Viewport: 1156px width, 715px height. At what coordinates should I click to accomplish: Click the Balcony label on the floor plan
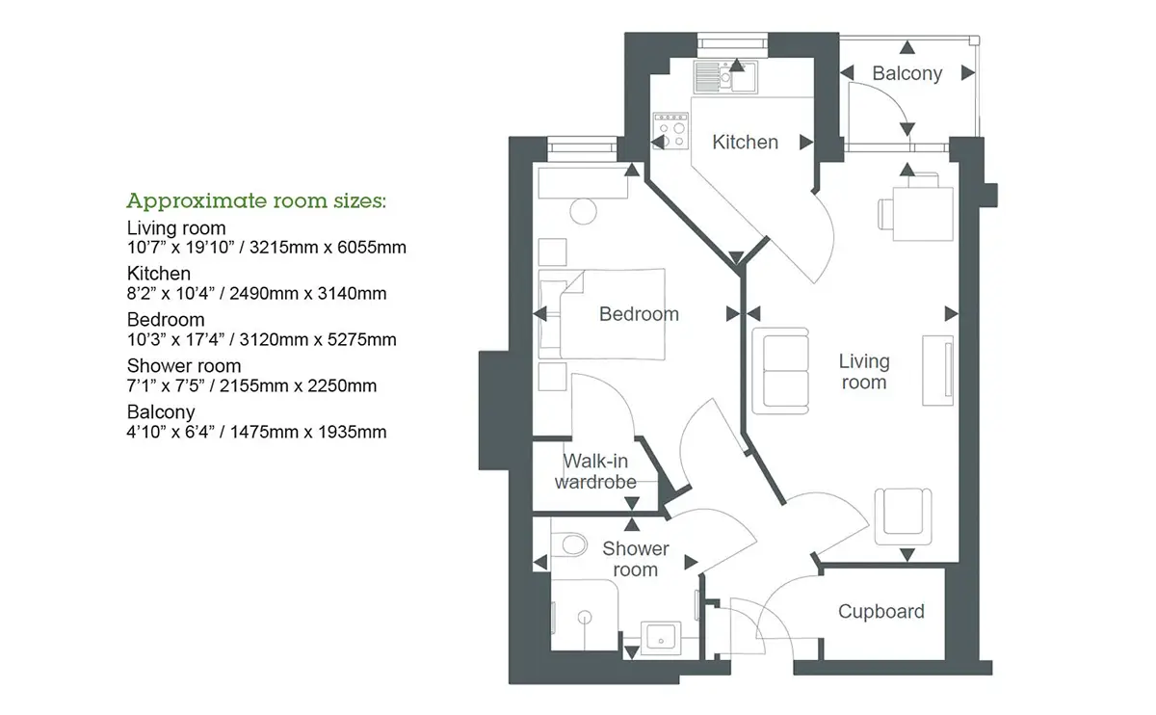click(907, 73)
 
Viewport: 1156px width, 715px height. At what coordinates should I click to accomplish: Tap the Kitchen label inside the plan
click(746, 142)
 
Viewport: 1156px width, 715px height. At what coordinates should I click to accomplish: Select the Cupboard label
click(880, 611)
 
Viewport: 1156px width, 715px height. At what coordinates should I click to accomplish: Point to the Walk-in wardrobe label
click(595, 471)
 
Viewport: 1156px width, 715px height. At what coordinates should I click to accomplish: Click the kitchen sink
click(725, 77)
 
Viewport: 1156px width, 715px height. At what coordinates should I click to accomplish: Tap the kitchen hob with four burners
click(670, 131)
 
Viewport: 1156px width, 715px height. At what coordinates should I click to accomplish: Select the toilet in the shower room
click(569, 544)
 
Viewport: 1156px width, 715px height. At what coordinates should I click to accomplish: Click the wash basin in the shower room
click(661, 638)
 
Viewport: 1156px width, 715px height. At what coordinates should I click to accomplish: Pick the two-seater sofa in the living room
click(780, 371)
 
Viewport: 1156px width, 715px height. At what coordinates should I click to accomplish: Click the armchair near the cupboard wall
click(904, 516)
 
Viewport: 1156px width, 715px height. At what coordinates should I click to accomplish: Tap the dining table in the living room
click(923, 214)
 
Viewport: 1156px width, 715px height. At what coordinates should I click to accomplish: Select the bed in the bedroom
click(602, 314)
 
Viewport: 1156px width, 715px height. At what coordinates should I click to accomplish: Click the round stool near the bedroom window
click(583, 211)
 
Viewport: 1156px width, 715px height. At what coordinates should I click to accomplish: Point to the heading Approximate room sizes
click(256, 200)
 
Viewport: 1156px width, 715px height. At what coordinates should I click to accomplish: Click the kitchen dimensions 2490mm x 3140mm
click(308, 293)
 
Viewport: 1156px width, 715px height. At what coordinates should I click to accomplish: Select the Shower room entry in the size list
click(184, 365)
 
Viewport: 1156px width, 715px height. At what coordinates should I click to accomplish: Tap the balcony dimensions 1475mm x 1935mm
click(308, 432)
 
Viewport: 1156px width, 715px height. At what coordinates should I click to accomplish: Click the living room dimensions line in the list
click(266, 248)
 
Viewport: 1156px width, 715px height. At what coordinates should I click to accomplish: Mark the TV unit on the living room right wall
click(937, 370)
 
